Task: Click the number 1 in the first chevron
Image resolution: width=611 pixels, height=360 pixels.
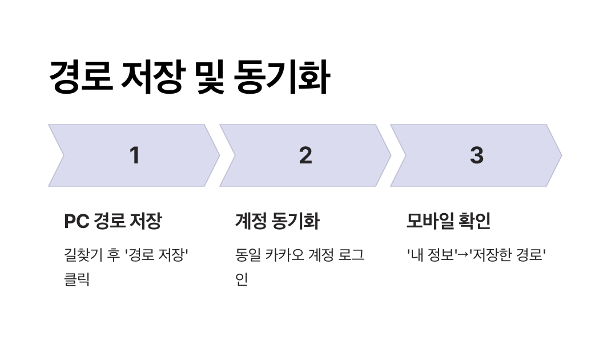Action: coord(135,155)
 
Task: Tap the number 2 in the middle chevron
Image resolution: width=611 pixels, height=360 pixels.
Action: coord(305,155)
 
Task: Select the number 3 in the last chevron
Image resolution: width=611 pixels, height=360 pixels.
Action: coord(476,155)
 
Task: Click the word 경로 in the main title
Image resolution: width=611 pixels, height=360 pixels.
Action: coord(81,78)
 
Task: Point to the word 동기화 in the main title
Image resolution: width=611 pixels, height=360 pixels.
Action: coord(282,78)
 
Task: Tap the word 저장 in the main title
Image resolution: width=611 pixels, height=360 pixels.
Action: coord(152,78)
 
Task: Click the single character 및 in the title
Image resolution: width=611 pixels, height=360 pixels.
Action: coord(210,78)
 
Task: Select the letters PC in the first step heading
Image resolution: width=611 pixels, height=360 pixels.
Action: coord(77,221)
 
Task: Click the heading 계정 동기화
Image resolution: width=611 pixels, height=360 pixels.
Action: coord(277,221)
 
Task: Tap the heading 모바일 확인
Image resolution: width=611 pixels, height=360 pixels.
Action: coord(448,221)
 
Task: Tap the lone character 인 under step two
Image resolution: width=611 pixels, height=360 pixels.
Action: coord(242,280)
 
